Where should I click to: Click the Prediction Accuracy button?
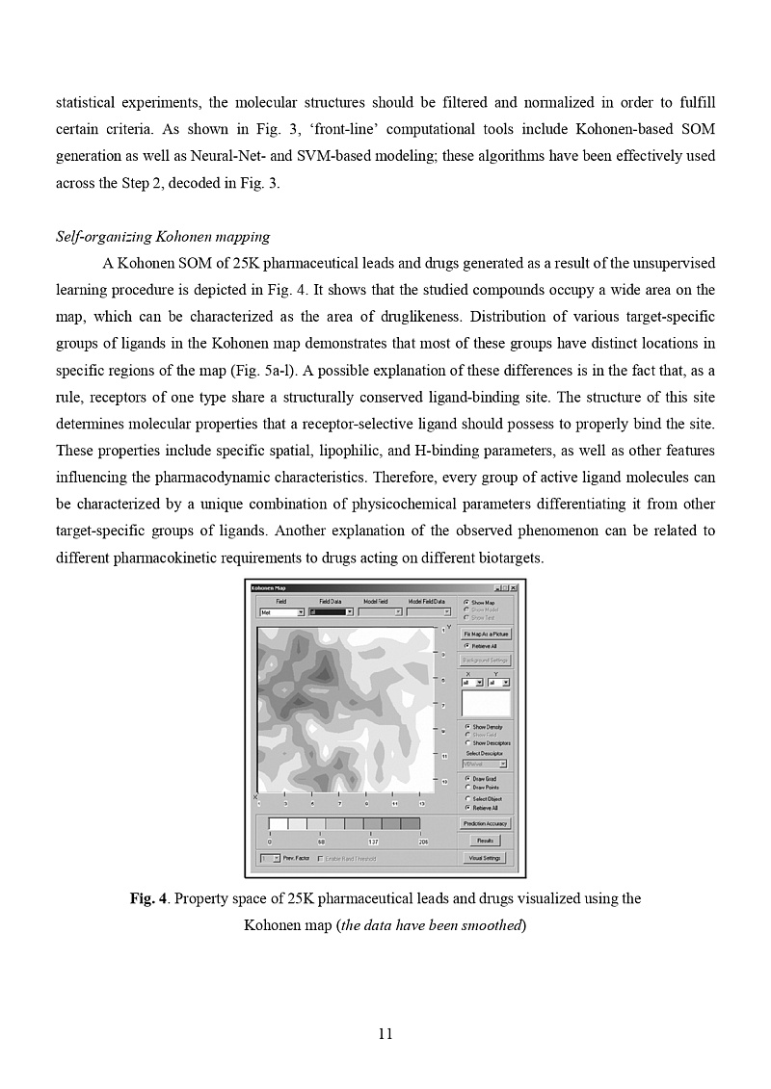click(x=485, y=823)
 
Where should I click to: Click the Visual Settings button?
click(x=485, y=858)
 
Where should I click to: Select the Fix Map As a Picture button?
click(x=485, y=635)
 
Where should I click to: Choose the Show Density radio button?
click(x=467, y=727)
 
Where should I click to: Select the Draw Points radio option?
click(x=467, y=787)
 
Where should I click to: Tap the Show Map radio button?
click(x=467, y=603)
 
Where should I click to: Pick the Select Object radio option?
click(x=467, y=799)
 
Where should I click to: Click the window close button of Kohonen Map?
click(x=514, y=587)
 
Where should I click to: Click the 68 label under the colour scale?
click(x=321, y=842)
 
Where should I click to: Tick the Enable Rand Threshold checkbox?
click(x=321, y=858)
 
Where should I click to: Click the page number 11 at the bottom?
click(x=385, y=1034)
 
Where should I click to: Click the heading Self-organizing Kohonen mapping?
click(x=163, y=237)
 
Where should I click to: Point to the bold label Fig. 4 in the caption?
click(x=149, y=899)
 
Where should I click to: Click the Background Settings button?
click(x=485, y=661)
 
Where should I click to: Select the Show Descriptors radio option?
click(x=467, y=743)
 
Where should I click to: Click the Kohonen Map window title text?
click(x=269, y=587)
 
